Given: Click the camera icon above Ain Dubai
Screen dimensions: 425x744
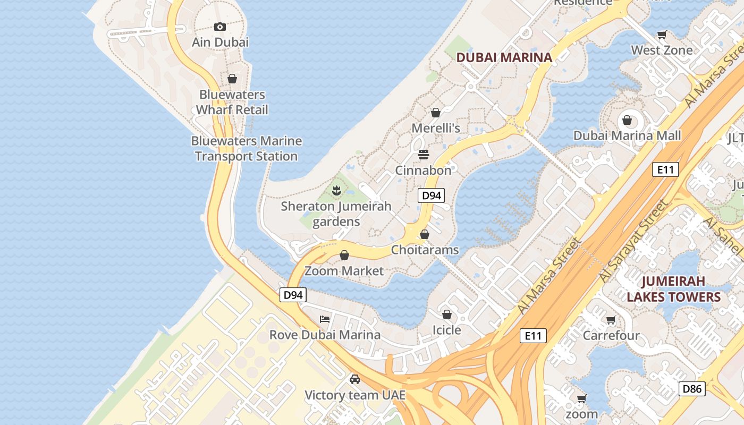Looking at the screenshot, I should [x=220, y=27].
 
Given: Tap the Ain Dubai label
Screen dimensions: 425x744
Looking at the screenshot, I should [x=220, y=42].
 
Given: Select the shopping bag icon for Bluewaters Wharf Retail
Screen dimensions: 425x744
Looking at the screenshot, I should [x=232, y=79].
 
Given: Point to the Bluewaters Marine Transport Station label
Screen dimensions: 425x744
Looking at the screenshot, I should [x=246, y=149].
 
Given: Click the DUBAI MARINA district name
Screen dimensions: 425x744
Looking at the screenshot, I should [x=504, y=57].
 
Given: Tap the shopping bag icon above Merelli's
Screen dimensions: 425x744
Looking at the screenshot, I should [x=436, y=113].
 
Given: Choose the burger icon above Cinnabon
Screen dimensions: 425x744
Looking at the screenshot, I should [x=424, y=155].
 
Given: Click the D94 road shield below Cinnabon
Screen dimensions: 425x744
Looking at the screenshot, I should [x=431, y=195].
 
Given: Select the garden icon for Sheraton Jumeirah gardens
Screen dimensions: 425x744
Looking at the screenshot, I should [x=336, y=190].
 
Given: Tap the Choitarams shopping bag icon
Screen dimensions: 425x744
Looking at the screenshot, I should [x=425, y=234].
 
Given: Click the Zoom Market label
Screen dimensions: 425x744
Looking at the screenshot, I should [x=344, y=271].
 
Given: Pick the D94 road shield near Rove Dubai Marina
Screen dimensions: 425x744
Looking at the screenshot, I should [x=293, y=295].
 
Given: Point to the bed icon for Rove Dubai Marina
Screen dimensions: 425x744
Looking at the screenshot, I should [x=325, y=319].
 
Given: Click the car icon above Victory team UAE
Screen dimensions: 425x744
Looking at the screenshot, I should [x=355, y=379].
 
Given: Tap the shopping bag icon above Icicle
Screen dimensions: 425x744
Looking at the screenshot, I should [x=447, y=314].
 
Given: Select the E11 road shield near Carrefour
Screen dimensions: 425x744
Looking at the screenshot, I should [x=533, y=336].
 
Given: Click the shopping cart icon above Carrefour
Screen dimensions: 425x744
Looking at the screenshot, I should [x=611, y=320].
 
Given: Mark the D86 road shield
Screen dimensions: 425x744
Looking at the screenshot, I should [x=692, y=389].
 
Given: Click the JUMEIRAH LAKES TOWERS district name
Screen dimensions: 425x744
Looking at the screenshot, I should [x=673, y=289].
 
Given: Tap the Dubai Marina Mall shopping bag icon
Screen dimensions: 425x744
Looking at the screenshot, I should [x=627, y=120].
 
